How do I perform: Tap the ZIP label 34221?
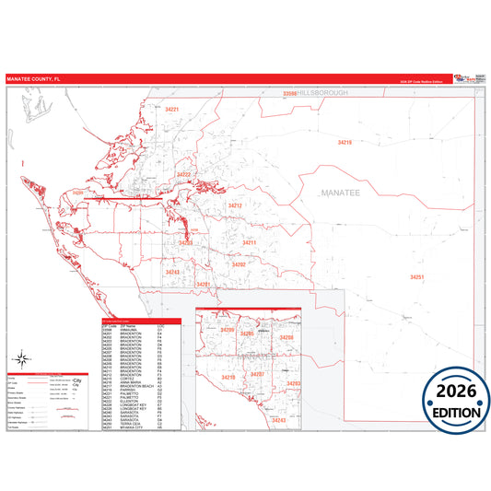point(171,110)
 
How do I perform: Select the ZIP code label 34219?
point(345,143)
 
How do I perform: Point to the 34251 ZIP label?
point(417,276)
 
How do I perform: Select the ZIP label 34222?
point(183,174)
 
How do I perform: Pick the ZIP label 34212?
point(235,205)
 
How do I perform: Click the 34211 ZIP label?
point(249,242)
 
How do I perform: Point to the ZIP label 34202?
point(239,264)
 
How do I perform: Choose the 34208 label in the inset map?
point(286,338)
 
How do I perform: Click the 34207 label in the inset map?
point(258,375)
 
